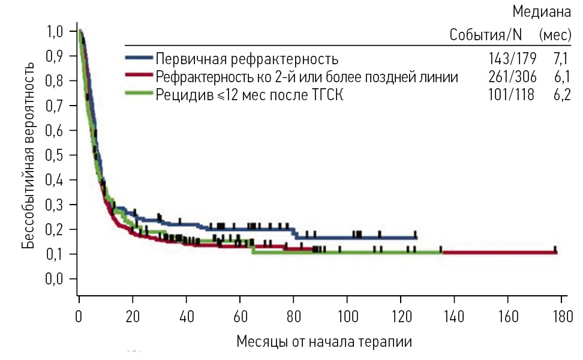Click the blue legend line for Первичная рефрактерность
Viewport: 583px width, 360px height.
(x=139, y=59)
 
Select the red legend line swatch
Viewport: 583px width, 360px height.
(x=139, y=76)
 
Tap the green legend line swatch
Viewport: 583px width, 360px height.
(x=139, y=94)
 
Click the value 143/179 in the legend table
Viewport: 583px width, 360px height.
(x=511, y=59)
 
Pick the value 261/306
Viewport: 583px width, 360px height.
(x=511, y=77)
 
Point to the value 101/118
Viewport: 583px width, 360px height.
(x=511, y=94)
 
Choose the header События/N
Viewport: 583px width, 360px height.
(x=485, y=35)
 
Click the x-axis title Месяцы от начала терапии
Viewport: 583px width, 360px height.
(x=324, y=342)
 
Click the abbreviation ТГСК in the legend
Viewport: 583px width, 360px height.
(x=324, y=94)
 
